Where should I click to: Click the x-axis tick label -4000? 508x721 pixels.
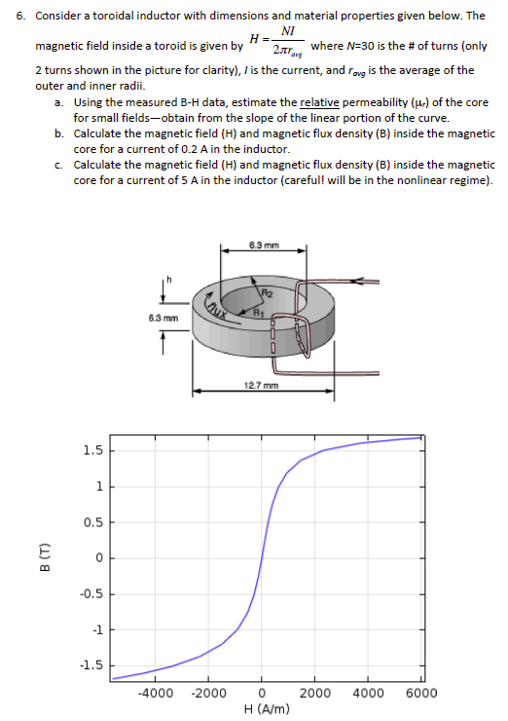pos(156,694)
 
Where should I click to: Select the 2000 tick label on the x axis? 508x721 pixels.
pos(316,694)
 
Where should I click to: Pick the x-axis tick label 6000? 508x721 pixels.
pos(421,694)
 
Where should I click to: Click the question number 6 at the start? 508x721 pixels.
pos(37,17)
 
